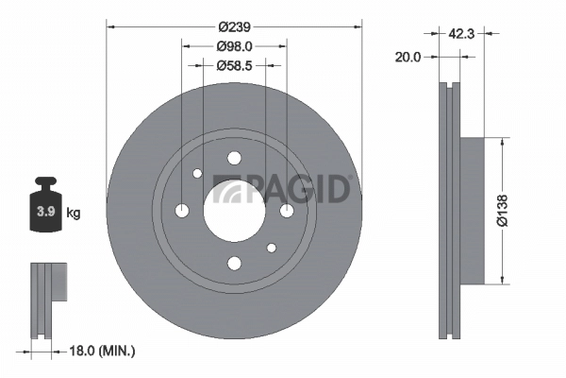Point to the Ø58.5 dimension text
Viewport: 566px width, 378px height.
(233, 66)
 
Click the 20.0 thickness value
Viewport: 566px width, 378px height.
(408, 56)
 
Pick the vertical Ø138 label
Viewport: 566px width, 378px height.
(502, 208)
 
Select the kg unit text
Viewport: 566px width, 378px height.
(74, 213)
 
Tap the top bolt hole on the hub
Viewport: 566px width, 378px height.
(235, 158)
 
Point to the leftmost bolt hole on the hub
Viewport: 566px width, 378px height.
(183, 210)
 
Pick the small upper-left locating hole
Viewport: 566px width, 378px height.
(196, 174)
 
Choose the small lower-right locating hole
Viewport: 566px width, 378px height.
(271, 248)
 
